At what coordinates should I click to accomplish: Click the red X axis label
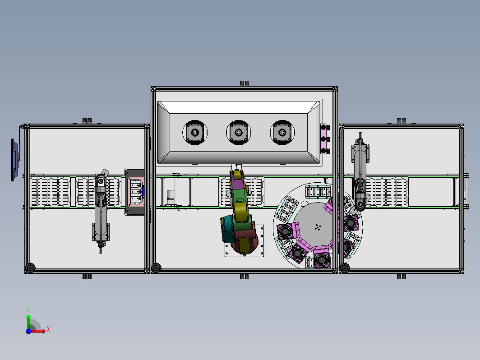coord(48,329)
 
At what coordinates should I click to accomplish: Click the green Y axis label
coord(28,309)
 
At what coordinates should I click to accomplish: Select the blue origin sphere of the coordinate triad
coord(28,331)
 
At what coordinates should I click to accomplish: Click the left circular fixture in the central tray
coord(195,133)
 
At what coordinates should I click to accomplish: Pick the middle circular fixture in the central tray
coord(239,133)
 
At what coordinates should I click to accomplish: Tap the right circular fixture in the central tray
coord(282,133)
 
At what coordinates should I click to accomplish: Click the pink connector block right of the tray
coord(325,139)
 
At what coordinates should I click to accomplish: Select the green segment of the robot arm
coord(239,195)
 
